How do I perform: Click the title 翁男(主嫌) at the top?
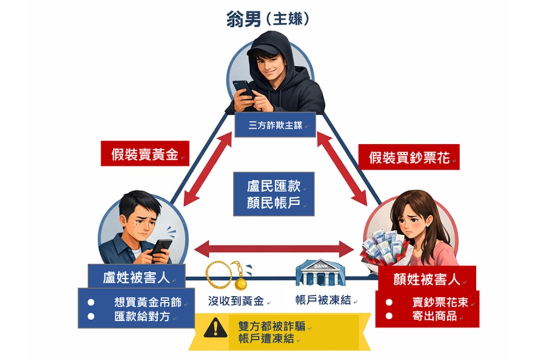point(268,20)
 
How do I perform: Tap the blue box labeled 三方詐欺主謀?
point(275,125)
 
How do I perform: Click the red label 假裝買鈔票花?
point(408,157)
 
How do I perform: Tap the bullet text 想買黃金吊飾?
point(147,302)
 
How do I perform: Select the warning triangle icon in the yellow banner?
point(215,328)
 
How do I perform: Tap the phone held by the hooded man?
point(244,87)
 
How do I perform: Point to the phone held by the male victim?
point(161,248)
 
